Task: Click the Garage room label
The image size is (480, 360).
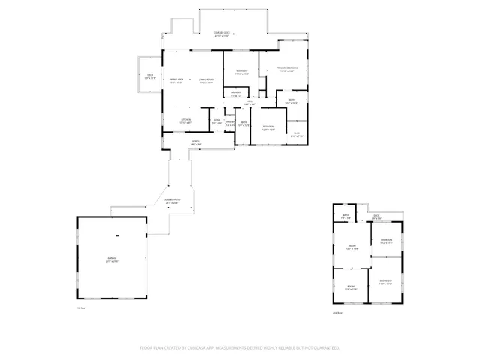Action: pos(111,259)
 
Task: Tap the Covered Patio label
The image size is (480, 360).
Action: pos(172,201)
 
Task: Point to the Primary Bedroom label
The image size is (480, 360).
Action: pos(286,69)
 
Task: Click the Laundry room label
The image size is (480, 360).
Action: pos(235,93)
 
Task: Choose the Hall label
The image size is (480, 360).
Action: pos(250,102)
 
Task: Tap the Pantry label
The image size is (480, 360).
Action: pos(231,123)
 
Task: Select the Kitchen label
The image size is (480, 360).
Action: pos(184,119)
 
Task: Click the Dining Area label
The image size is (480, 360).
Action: pos(177,80)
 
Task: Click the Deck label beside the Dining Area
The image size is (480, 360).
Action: pos(150,76)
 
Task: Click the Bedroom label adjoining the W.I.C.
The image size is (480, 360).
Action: pos(268,127)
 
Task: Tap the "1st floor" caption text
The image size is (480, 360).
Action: pos(82,307)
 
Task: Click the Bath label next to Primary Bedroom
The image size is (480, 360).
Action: pos(291,100)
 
